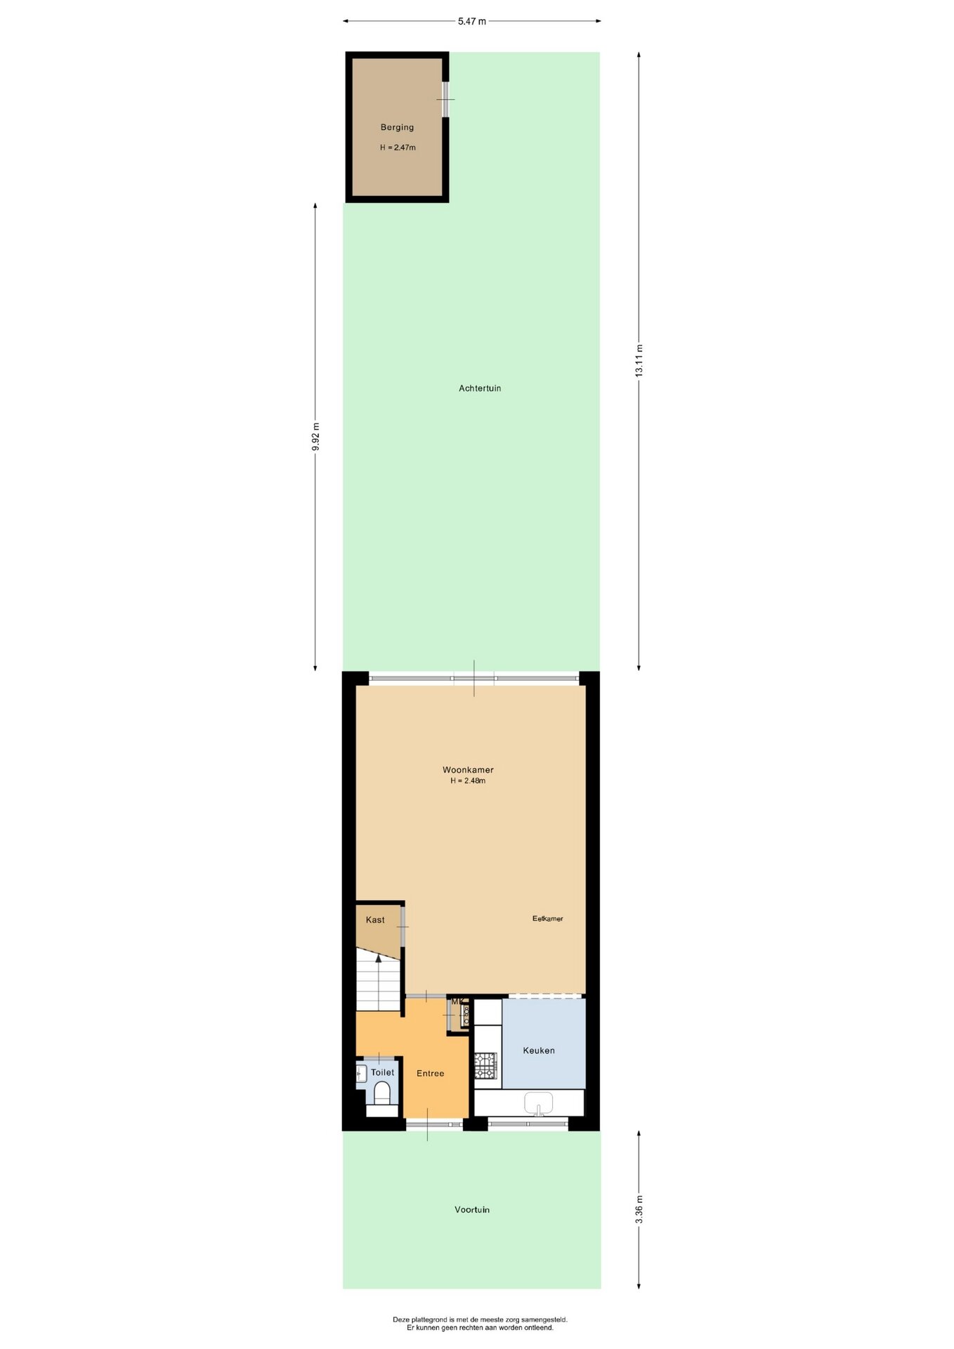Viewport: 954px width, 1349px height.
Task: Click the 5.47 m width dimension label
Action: click(471, 21)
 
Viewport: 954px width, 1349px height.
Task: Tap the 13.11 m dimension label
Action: click(639, 360)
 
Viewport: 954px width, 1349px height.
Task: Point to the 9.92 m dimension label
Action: click(316, 436)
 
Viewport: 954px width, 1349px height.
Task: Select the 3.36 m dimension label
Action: click(639, 1209)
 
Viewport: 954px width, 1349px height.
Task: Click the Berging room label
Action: click(397, 127)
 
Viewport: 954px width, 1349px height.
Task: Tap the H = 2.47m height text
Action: click(398, 148)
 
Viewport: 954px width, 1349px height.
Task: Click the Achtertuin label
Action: click(480, 388)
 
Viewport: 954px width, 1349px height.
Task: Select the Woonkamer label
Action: click(468, 769)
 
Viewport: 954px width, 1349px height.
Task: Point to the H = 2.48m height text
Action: click(468, 781)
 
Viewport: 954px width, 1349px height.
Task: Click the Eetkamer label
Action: click(547, 918)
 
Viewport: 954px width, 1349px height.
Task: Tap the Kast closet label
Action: click(375, 920)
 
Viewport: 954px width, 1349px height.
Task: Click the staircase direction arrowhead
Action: click(379, 957)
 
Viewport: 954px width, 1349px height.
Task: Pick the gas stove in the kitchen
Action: click(485, 1065)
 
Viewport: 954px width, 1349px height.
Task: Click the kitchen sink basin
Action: click(539, 1102)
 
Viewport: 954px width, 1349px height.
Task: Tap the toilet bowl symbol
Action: click(382, 1093)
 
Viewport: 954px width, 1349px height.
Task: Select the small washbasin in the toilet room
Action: click(361, 1073)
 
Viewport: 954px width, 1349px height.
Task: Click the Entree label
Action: click(430, 1073)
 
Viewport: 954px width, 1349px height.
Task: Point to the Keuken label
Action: click(539, 1050)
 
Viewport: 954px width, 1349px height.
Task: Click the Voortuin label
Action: click(472, 1209)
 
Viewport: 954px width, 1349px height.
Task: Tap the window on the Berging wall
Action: click(445, 99)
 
